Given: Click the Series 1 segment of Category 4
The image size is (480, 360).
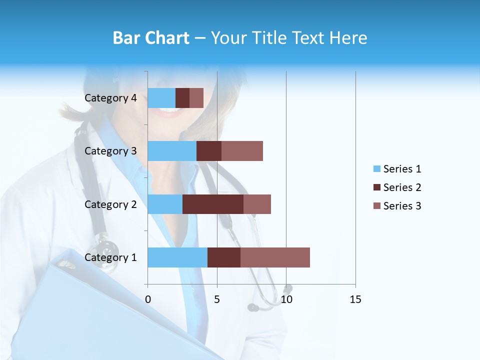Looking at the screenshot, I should pos(161,98).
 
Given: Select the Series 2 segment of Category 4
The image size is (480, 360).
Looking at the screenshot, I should pos(182,98).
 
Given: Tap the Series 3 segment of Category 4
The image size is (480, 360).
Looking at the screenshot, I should pos(196,98).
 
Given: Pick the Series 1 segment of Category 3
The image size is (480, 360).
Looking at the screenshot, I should pos(172,151).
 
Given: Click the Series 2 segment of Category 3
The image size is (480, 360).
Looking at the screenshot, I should pos(209,151).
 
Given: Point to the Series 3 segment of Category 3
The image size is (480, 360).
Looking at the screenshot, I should pos(242,151).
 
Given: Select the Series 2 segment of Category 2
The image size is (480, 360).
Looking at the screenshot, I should pos(213,204).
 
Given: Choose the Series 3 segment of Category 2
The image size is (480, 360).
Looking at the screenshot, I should pos(257,204).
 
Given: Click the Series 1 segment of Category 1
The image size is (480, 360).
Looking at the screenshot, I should pos(177,257).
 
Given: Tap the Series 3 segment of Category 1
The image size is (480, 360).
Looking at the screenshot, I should pos(275,257).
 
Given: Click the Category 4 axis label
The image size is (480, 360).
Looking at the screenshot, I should pos(110,98).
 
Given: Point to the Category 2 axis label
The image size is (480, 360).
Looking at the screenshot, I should pos(110,204).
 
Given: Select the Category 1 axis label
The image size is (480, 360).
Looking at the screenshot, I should pos(110,257).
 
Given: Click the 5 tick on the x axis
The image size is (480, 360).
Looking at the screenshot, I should pos(217,299).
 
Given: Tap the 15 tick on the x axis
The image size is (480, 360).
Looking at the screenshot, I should pos(355,299).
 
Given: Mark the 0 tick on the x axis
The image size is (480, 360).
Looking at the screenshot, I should pos(147,299).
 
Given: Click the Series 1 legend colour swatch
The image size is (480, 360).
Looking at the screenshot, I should pos(376,169).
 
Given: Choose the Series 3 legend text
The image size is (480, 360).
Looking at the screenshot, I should pos(402,206).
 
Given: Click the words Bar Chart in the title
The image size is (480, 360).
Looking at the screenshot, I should pos(151,37).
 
